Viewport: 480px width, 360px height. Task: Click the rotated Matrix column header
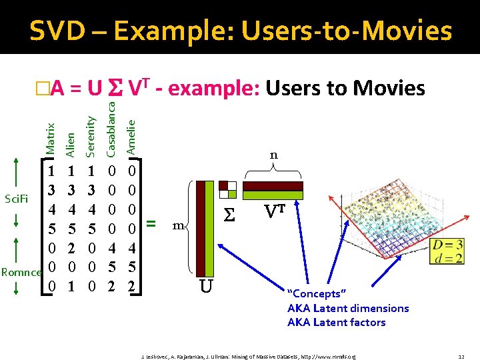(x=50, y=138)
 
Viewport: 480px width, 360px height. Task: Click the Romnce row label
(x=21, y=271)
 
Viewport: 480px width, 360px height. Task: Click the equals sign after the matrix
(x=151, y=224)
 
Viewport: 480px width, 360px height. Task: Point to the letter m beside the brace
(x=177, y=227)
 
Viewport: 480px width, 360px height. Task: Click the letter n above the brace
(x=273, y=155)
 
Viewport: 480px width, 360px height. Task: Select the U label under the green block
(x=207, y=287)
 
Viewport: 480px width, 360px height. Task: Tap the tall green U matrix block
(x=207, y=227)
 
